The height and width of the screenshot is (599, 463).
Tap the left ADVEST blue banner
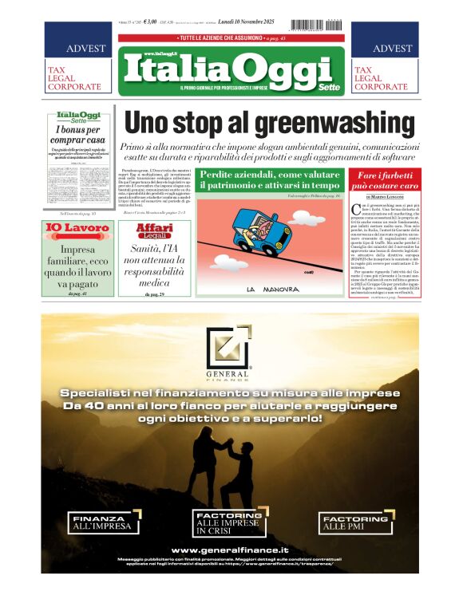[x=74, y=48]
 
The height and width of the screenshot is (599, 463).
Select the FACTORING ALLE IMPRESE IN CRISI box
[x=228, y=522]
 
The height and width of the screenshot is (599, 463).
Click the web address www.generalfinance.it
[x=230, y=550]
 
